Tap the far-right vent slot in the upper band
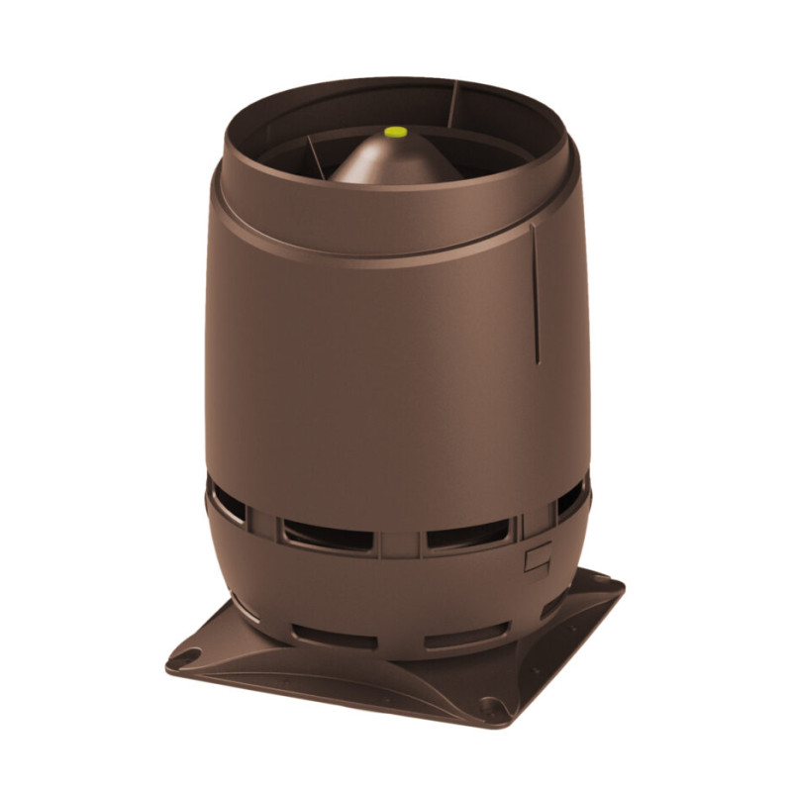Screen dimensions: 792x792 point(569,500)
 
